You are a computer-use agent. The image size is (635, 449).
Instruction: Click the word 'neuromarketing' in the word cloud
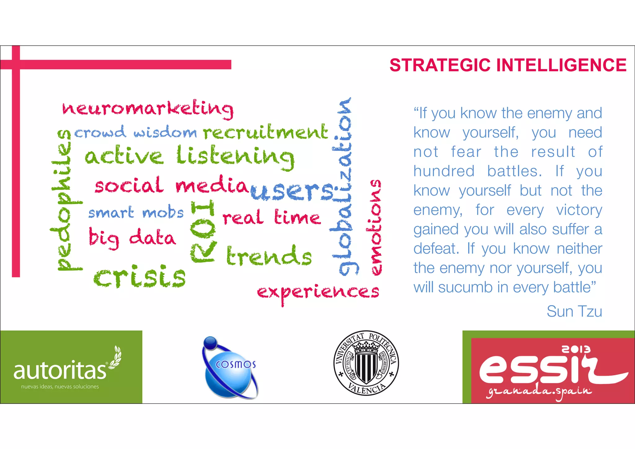[148, 109]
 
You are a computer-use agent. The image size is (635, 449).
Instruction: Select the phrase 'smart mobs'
[136, 213]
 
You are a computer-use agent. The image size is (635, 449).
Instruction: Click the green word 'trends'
[269, 256]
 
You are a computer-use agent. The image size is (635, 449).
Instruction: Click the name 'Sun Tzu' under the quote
[574, 311]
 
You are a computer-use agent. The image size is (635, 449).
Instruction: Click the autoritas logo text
[60, 371]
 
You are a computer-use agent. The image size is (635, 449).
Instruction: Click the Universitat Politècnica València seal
[366, 363]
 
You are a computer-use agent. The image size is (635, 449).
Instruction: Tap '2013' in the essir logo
[576, 349]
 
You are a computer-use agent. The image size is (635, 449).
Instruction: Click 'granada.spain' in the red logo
[539, 392]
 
